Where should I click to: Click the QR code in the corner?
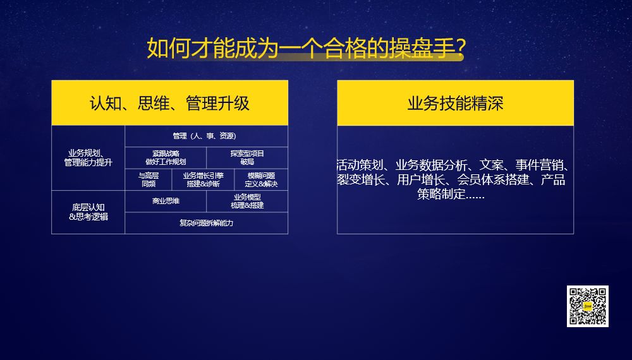pyautogui.click(x=588, y=306)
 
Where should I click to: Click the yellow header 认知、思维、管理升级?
pyautogui.click(x=169, y=103)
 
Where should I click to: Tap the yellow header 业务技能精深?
pyautogui.click(x=455, y=103)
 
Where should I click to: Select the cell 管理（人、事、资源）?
pyautogui.click(x=206, y=136)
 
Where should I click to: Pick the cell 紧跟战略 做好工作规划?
pyautogui.click(x=166, y=157)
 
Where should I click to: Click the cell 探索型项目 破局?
pyautogui.click(x=247, y=157)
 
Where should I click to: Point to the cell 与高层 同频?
pyautogui.click(x=148, y=179)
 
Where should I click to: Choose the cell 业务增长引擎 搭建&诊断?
pyautogui.click(x=203, y=179)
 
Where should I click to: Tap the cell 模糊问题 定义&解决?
pyautogui.click(x=261, y=179)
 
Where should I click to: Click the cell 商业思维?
pyautogui.click(x=166, y=201)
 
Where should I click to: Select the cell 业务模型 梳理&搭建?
pyautogui.click(x=247, y=201)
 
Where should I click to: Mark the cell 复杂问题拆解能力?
pyautogui.click(x=206, y=222)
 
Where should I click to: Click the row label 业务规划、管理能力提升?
pyautogui.click(x=88, y=157)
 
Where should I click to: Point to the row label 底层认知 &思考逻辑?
pyautogui.click(x=88, y=212)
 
